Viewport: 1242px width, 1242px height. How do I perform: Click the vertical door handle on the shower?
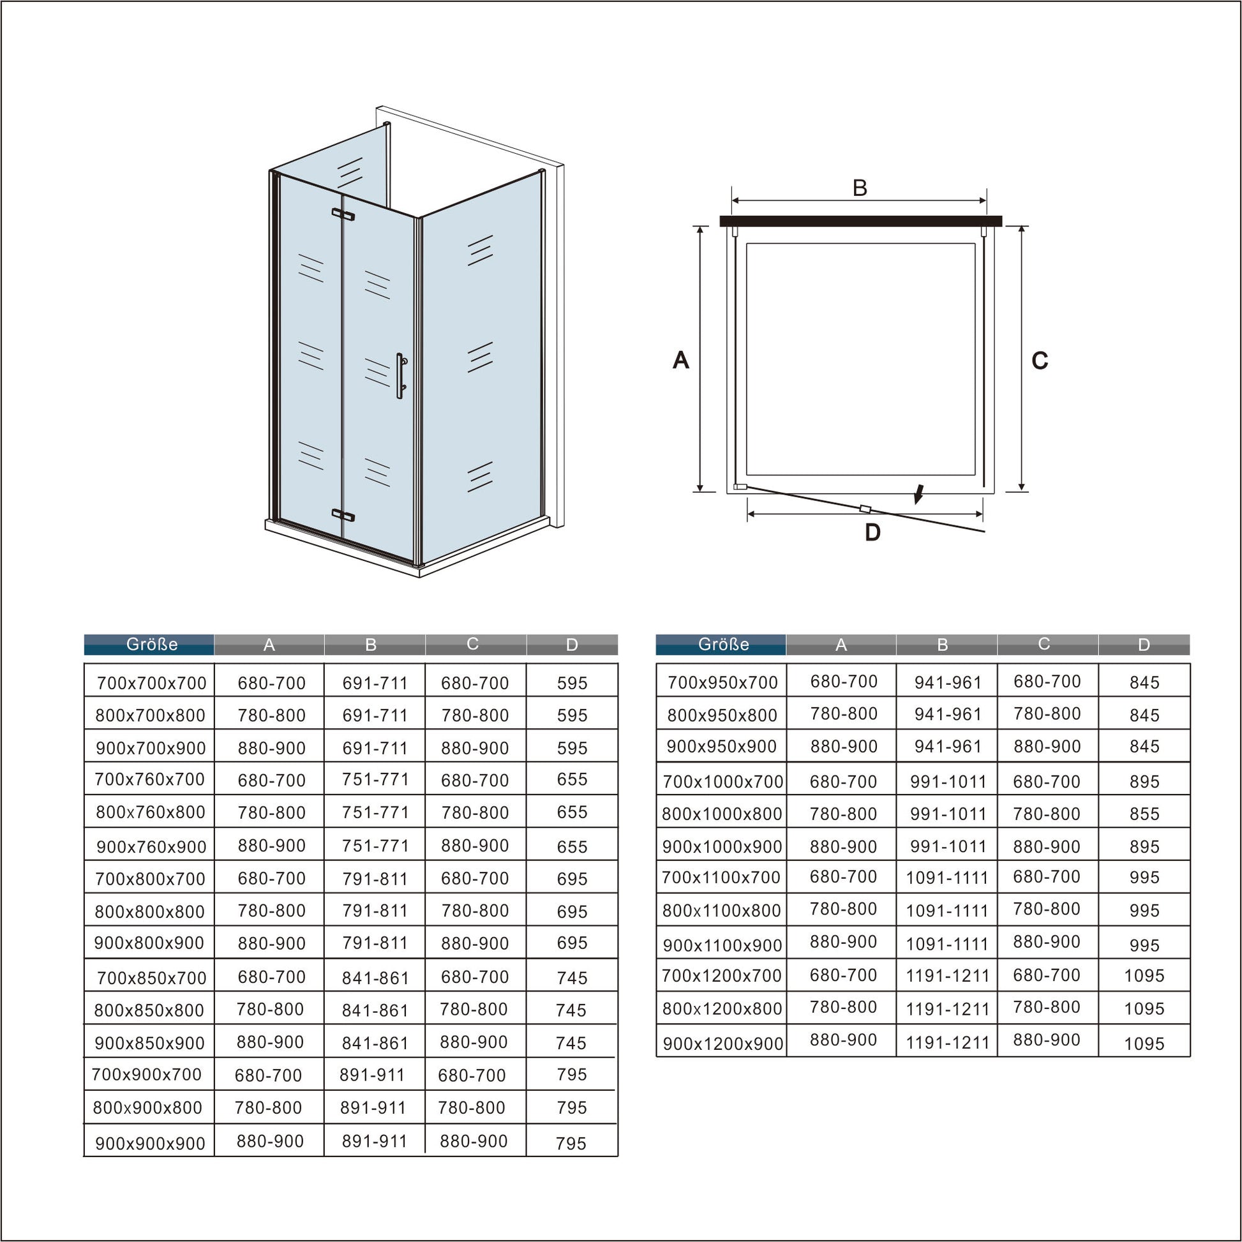point(401,376)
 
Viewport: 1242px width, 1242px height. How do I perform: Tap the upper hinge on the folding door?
point(343,214)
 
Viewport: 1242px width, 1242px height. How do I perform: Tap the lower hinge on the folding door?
point(343,514)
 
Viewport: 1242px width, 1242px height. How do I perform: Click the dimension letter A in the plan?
point(681,360)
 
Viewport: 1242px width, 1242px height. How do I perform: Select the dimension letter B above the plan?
point(860,188)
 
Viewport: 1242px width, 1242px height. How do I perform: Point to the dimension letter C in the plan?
point(1040,361)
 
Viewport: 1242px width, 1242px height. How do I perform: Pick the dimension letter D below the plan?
point(872,532)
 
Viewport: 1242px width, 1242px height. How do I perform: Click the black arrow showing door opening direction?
point(919,495)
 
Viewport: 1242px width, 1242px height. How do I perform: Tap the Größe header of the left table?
point(152,644)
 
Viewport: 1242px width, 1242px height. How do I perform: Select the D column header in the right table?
point(1144,645)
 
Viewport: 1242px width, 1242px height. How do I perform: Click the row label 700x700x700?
point(152,684)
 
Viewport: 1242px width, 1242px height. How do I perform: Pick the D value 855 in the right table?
point(1144,814)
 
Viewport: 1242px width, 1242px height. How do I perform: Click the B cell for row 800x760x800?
point(375,812)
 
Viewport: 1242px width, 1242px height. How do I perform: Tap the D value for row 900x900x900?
point(571,1144)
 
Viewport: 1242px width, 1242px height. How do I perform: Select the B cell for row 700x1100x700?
point(947,878)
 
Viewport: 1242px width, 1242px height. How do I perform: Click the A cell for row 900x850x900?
point(270,1042)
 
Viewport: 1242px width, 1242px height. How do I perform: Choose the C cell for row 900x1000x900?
point(1047,847)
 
